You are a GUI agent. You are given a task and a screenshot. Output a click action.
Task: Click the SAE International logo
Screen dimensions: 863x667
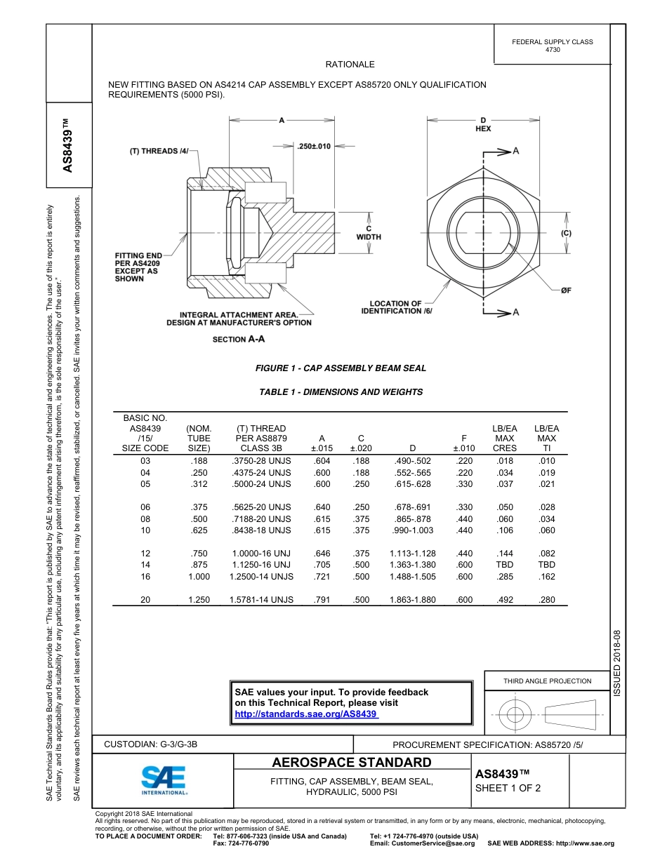tap(164, 780)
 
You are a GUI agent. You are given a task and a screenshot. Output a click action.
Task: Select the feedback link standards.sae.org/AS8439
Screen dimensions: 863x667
tap(305, 714)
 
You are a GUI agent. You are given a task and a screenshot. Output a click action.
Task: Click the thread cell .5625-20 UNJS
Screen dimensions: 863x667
tap(261, 507)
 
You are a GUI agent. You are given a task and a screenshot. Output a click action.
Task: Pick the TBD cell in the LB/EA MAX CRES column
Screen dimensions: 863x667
tap(504, 565)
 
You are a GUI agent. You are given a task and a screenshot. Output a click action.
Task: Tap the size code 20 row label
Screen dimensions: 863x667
tap(145, 600)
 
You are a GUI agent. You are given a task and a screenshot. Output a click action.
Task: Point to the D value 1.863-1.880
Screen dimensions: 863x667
tap(412, 600)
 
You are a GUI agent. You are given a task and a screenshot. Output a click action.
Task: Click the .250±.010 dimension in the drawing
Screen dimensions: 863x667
tap(313, 146)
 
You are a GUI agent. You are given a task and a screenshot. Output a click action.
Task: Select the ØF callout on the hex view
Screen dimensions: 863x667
tap(565, 290)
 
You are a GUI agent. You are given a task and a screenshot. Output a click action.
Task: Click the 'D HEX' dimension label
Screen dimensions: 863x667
tap(483, 124)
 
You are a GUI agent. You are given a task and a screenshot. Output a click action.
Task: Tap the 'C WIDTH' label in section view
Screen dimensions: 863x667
tap(369, 233)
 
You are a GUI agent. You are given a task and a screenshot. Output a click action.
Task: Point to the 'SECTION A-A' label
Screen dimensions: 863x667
tap(239, 339)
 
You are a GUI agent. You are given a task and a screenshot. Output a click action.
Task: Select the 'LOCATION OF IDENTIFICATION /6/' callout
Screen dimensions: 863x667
tap(397, 307)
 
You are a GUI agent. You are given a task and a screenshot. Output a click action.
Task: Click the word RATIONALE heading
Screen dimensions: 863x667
tap(350, 65)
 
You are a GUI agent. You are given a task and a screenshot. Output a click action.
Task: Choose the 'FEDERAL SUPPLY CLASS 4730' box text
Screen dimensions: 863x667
tap(552, 46)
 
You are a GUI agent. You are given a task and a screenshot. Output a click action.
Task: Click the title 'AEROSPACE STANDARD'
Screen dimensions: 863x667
tap(351, 763)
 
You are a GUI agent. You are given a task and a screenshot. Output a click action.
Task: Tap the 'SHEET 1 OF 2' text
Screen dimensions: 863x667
tap(508, 788)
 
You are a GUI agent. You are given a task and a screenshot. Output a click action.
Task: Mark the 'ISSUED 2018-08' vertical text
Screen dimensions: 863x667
tap(617, 662)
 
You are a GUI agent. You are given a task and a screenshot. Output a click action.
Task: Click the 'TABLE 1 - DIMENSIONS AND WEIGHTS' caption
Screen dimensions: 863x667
tap(341, 392)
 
